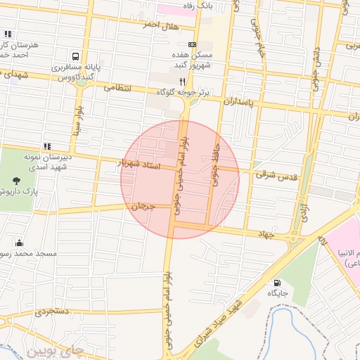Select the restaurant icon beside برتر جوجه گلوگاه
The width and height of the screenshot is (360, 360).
183,82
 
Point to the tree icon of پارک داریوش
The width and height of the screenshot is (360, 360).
27,179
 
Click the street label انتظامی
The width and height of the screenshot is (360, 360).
118,89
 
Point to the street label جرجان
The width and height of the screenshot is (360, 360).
142,207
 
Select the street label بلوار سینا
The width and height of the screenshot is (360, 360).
77,121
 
